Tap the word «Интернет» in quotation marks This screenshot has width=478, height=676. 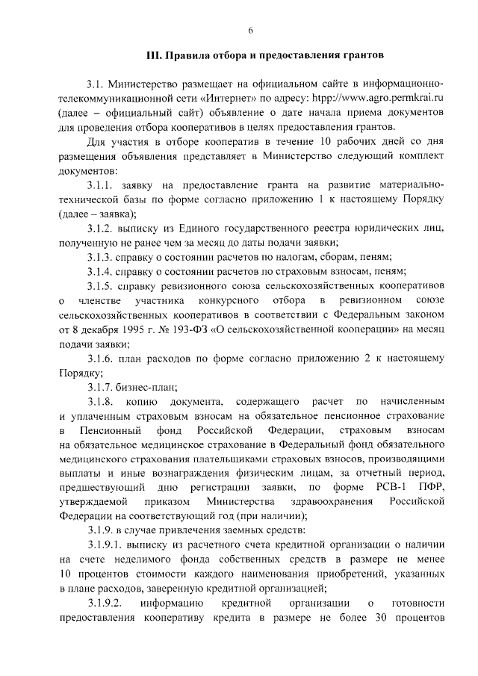[x=224, y=97]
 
